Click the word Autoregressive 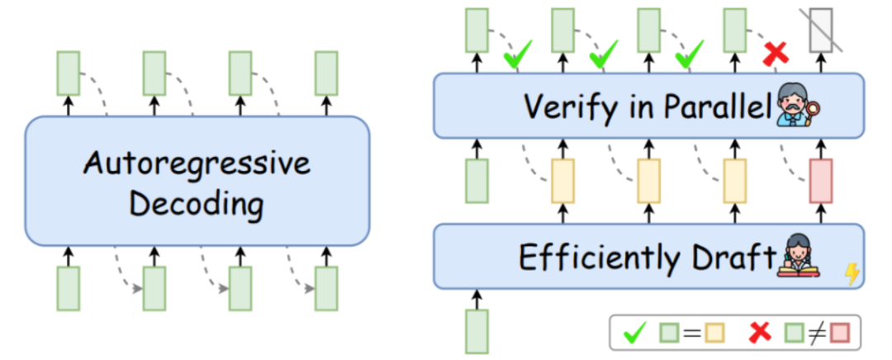point(197,163)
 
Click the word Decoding point(197,205)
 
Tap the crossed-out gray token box point(820,31)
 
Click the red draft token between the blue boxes point(820,181)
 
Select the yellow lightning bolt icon point(852,274)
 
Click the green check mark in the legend point(635,334)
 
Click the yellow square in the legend point(714,334)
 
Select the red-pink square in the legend point(839,334)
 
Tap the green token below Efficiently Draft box point(477,332)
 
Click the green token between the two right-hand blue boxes point(477,181)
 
